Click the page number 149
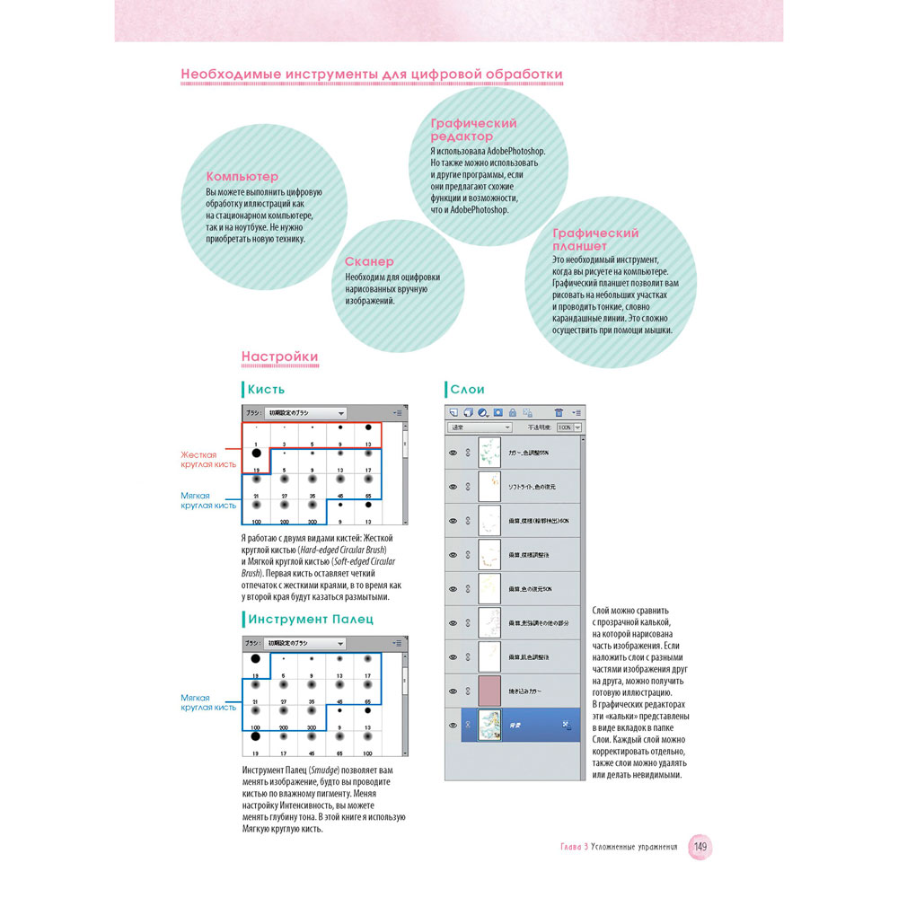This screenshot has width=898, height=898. point(700,847)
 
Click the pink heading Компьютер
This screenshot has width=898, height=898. point(242,177)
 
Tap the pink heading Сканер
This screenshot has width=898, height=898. point(369,261)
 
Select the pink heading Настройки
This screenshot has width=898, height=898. point(279,357)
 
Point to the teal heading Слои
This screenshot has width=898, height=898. point(467,390)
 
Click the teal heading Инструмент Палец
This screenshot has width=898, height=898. point(311,620)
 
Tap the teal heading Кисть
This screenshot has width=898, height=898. point(267,390)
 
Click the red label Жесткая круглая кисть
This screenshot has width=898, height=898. point(209,460)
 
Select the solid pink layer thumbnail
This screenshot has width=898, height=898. point(489,691)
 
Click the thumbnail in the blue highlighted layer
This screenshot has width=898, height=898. point(489,724)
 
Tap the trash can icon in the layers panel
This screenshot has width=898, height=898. point(527,412)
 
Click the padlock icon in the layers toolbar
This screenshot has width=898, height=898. point(513,412)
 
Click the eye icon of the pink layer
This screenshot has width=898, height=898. point(453,691)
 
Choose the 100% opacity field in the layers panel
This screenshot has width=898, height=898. point(565,428)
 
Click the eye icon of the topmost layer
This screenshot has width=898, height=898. point(453,453)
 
